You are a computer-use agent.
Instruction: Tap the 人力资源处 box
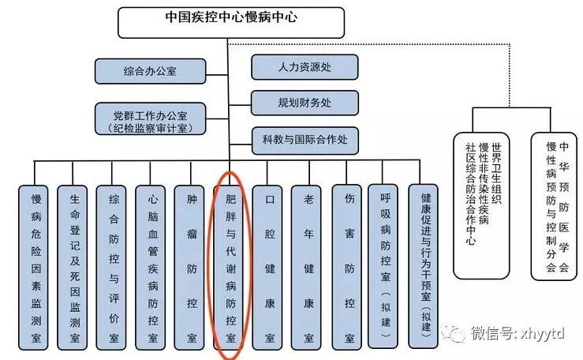(305, 67)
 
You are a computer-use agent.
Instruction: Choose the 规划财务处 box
(305, 103)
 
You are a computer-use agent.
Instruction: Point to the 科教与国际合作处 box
(305, 141)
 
